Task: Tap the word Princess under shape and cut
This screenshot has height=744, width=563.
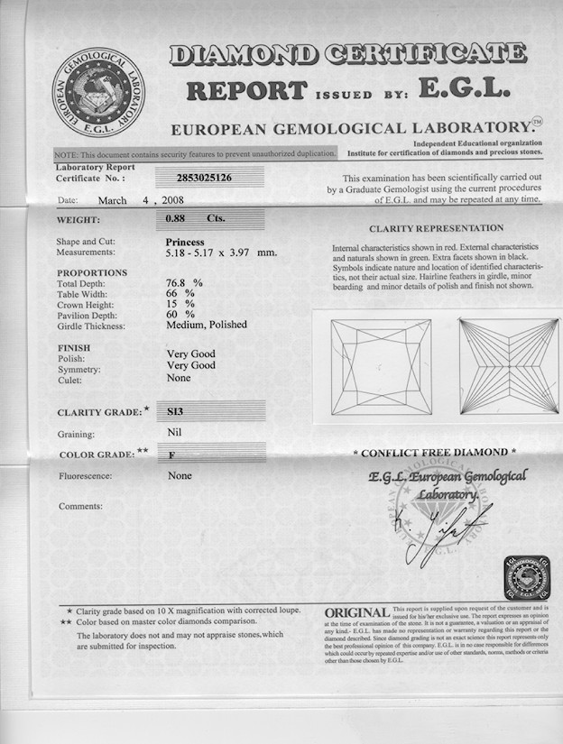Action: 186,242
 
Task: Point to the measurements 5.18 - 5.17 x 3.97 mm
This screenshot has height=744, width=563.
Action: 221,253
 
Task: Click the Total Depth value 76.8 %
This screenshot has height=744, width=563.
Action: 185,283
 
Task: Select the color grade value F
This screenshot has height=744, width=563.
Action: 171,455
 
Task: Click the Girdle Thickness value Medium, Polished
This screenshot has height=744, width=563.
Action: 207,325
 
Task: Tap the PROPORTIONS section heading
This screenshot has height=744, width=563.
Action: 92,272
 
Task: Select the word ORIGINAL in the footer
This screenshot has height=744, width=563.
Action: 357,612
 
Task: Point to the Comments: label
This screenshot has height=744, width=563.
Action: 80,506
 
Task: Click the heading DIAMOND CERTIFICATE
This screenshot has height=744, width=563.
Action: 347,55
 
